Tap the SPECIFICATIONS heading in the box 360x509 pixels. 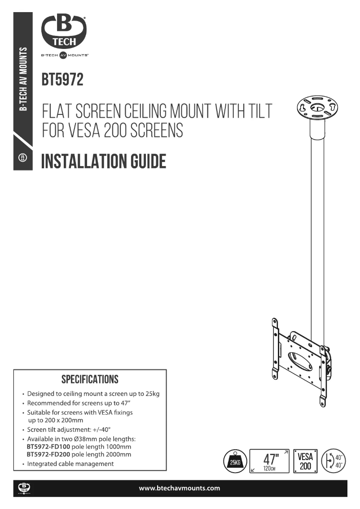point(90,379)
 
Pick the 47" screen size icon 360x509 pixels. point(269,461)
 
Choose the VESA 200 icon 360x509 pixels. point(305,461)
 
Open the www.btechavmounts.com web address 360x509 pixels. point(180,488)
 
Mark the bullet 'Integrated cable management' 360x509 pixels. point(70,464)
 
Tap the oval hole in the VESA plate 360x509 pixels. point(298,360)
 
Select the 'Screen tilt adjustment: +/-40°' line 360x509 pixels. point(69,430)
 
